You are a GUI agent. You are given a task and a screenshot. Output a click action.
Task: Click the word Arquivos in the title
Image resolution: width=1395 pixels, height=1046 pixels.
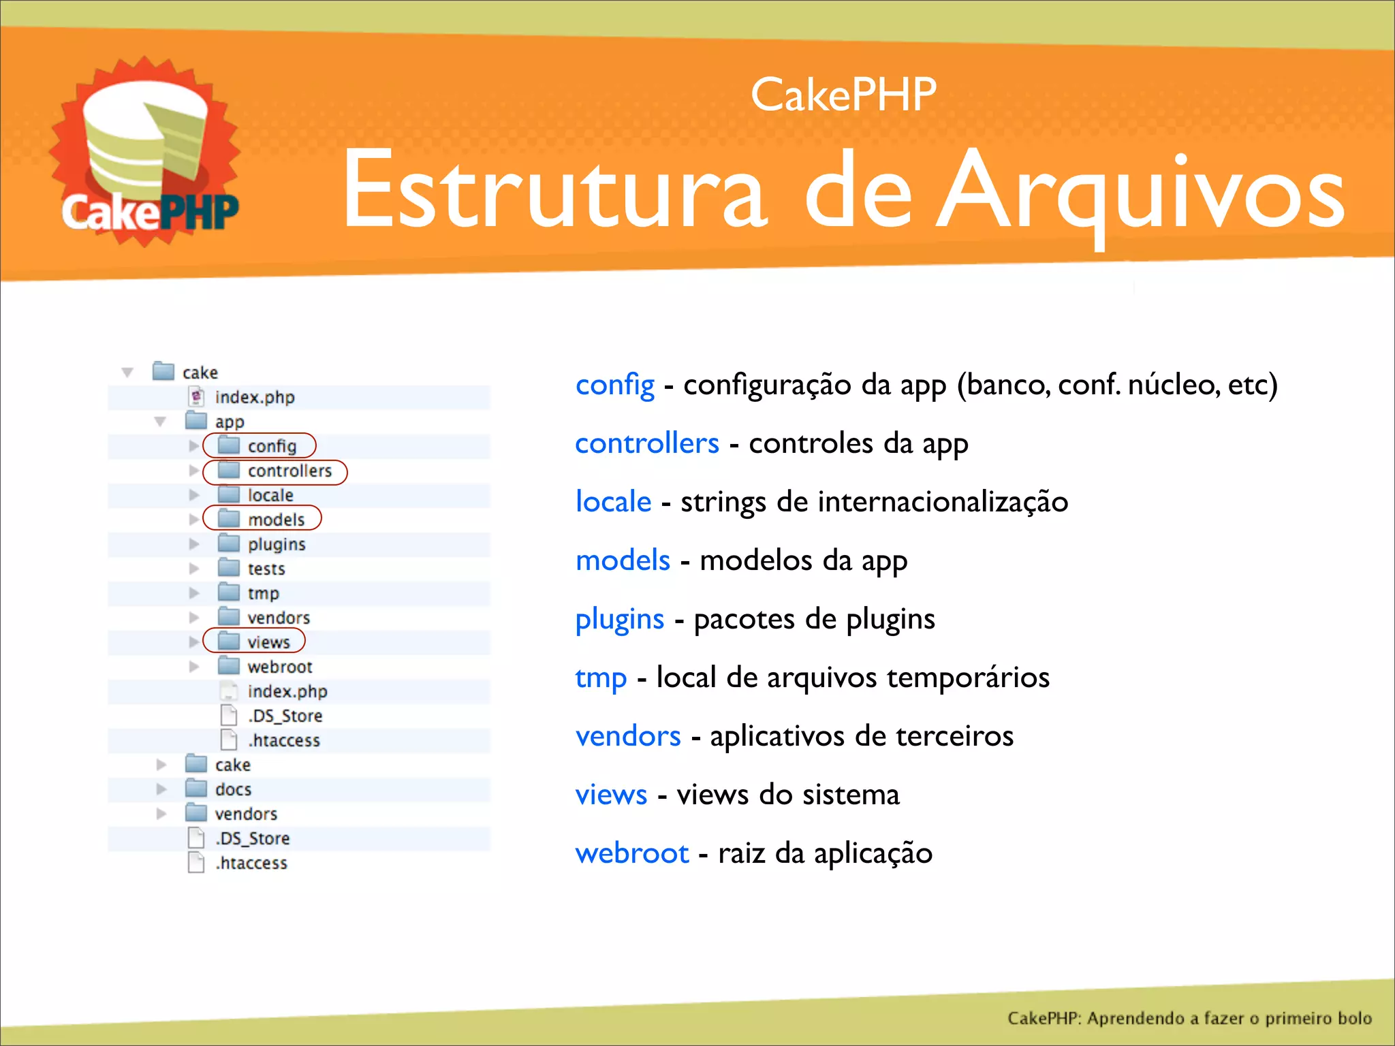(x=1141, y=191)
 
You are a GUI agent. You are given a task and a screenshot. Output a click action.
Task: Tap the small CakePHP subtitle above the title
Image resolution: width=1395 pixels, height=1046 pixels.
(x=843, y=95)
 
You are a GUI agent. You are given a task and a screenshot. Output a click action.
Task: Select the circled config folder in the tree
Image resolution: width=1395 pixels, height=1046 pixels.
(x=260, y=446)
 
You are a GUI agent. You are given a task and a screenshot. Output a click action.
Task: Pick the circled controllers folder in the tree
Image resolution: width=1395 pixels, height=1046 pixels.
(x=275, y=471)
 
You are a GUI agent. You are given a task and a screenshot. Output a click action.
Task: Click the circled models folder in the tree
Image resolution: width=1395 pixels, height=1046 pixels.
(x=263, y=519)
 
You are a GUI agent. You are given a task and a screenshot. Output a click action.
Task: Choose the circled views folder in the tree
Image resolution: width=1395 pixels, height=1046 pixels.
(x=255, y=641)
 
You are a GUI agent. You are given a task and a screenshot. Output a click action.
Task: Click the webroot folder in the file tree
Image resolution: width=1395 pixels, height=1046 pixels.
(x=266, y=667)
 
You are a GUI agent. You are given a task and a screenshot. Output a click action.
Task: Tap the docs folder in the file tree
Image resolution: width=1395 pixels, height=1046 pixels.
(x=219, y=789)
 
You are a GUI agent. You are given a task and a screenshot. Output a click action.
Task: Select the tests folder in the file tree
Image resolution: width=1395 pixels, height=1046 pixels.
(x=252, y=569)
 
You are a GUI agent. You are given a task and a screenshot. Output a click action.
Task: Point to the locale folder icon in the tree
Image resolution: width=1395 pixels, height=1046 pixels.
(x=229, y=494)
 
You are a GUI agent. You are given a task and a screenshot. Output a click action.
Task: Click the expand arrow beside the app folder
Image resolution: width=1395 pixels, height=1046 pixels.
(x=160, y=422)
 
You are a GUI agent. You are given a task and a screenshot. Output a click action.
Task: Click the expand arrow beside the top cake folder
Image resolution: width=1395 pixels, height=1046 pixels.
(x=127, y=373)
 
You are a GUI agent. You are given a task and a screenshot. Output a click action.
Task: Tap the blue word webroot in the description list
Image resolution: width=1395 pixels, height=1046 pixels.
(x=632, y=853)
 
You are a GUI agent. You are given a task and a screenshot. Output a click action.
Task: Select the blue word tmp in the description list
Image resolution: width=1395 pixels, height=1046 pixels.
(x=601, y=678)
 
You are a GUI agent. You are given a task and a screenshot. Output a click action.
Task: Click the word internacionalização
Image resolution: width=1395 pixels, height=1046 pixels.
(x=943, y=503)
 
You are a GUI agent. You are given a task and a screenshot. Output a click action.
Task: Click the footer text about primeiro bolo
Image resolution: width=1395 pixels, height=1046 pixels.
(x=1189, y=1018)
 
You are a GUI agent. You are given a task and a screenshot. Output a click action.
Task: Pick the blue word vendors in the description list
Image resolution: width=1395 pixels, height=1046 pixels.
(x=628, y=736)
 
